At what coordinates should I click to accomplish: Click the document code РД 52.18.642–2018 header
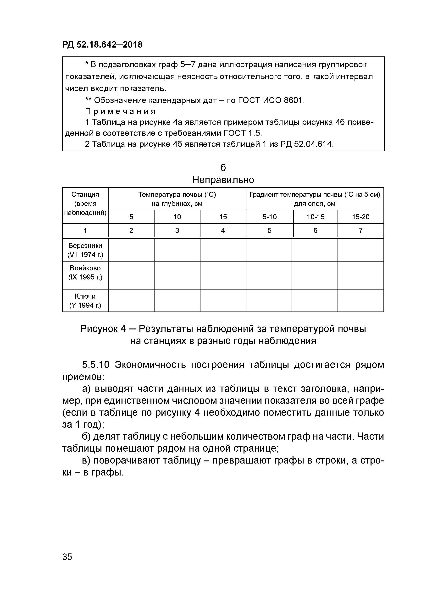pyautogui.click(x=102, y=44)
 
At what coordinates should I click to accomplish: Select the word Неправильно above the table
pyautogui.click(x=223, y=180)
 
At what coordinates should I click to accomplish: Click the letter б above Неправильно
pyautogui.click(x=223, y=168)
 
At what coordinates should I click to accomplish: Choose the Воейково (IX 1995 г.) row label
pyautogui.click(x=85, y=273)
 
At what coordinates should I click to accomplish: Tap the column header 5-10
pyautogui.click(x=269, y=217)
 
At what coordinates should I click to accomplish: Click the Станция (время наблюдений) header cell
pyautogui.click(x=85, y=204)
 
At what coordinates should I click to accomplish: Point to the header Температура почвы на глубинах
pyautogui.click(x=177, y=199)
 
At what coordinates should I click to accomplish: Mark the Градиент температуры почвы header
pyautogui.click(x=315, y=199)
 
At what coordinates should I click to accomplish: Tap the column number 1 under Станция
pyautogui.click(x=85, y=230)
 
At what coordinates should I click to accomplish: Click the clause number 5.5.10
pyautogui.click(x=96, y=365)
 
